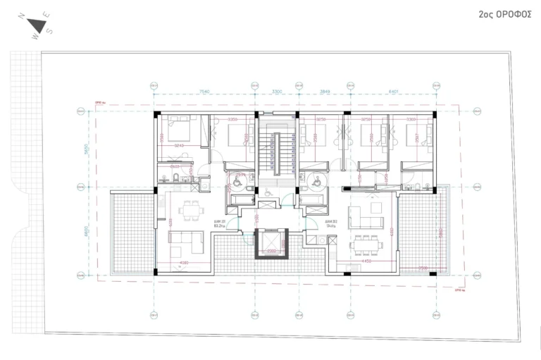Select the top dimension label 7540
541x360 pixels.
[x=204, y=91]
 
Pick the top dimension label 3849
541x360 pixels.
[x=325, y=91]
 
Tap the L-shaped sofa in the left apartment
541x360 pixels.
[x=185, y=243]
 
